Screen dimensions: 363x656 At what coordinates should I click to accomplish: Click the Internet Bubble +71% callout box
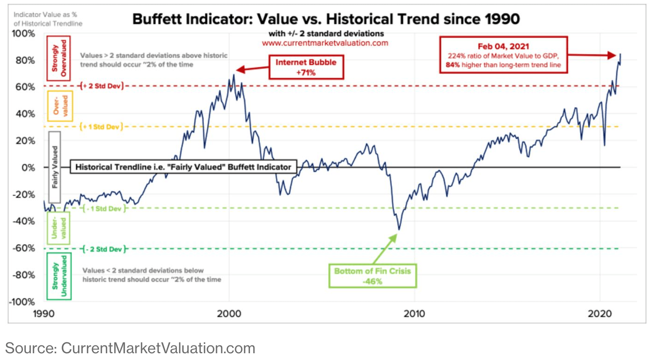[306, 67]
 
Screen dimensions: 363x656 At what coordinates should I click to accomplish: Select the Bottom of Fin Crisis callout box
[372, 276]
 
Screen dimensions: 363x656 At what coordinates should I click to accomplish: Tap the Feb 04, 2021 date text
[503, 46]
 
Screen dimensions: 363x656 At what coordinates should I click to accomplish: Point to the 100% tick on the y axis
[23, 33]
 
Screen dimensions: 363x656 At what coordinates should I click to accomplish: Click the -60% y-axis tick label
[23, 248]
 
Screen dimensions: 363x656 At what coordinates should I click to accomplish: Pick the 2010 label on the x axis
[414, 313]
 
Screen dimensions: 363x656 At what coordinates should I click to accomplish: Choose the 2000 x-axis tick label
[229, 313]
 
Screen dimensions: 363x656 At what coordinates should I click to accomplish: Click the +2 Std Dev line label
[102, 86]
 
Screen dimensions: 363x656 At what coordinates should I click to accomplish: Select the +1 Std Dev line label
[101, 127]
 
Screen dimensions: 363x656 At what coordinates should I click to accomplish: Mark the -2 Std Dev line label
[104, 249]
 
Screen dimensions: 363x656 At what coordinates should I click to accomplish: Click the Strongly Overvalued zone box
[58, 58]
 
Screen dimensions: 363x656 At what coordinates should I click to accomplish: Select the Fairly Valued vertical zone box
[55, 167]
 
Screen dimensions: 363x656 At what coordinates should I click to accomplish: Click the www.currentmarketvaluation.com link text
[325, 43]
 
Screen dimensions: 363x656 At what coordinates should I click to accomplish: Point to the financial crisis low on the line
[399, 229]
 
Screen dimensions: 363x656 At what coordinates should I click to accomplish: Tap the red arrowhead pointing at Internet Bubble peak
[240, 70]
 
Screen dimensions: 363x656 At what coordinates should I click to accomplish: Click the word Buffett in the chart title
[161, 19]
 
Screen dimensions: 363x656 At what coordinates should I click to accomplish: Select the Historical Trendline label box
[183, 167]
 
